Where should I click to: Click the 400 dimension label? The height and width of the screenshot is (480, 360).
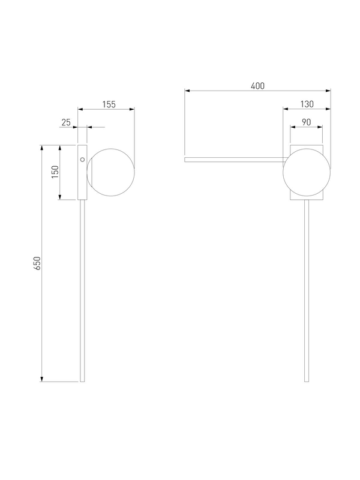pyautogui.click(x=257, y=86)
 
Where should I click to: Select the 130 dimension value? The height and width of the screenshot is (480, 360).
pyautogui.click(x=307, y=104)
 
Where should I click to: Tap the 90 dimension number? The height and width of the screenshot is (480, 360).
pyautogui.click(x=306, y=122)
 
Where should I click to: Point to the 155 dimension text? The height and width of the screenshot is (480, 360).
pyautogui.click(x=109, y=104)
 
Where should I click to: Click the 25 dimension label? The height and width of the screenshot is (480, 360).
pyautogui.click(x=66, y=122)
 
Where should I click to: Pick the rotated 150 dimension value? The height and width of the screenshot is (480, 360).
pyautogui.click(x=55, y=172)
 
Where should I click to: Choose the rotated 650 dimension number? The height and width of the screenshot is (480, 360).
pyautogui.click(x=37, y=263)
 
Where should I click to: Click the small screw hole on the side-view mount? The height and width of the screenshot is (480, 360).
pyautogui.click(x=82, y=160)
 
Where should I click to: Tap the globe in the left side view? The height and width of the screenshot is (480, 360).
pyautogui.click(x=111, y=172)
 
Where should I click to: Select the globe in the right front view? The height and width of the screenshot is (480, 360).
pyautogui.click(x=307, y=172)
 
